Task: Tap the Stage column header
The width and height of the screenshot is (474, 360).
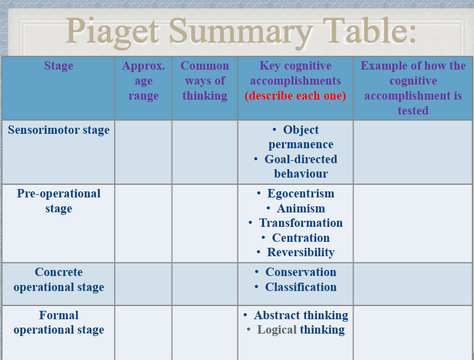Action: (x=59, y=65)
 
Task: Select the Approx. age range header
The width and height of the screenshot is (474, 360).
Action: (x=143, y=80)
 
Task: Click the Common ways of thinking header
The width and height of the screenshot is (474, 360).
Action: (x=205, y=80)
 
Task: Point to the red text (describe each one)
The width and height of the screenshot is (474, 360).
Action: (x=295, y=95)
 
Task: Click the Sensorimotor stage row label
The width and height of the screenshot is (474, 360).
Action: (x=59, y=130)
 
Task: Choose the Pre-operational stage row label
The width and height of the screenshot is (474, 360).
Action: (x=59, y=201)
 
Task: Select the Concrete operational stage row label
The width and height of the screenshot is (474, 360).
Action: (x=59, y=279)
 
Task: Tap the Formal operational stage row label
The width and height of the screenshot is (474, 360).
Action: (x=59, y=323)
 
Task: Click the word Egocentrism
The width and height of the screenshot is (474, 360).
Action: (x=301, y=193)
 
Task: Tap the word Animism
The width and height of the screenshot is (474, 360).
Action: (x=301, y=208)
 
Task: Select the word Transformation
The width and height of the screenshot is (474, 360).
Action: (x=301, y=223)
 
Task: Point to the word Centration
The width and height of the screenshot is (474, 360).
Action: (x=301, y=238)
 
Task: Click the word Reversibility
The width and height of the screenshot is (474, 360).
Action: (x=301, y=253)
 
